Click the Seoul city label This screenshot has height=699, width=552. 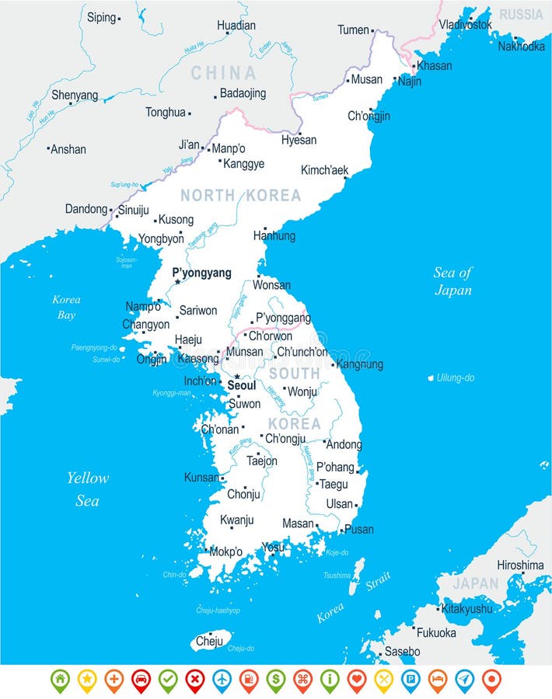242,385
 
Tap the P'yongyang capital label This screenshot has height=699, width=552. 201,273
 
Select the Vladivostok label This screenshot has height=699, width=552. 466,24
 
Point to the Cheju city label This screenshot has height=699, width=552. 209,641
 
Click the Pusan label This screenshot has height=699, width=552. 359,530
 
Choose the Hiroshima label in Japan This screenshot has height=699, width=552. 520,565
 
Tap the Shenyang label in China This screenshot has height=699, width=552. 75,96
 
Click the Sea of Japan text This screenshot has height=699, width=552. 453,281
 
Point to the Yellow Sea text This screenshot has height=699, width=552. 87,489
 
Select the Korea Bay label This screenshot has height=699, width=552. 66,307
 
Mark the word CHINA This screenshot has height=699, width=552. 223,73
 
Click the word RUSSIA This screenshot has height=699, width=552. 521,15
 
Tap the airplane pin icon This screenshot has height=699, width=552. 222,679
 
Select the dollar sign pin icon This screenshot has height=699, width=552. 275,679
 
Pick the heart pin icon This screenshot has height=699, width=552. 356,679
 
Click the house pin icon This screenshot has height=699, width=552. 60,679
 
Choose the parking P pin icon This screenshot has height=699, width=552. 410,679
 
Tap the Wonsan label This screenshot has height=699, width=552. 272,285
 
